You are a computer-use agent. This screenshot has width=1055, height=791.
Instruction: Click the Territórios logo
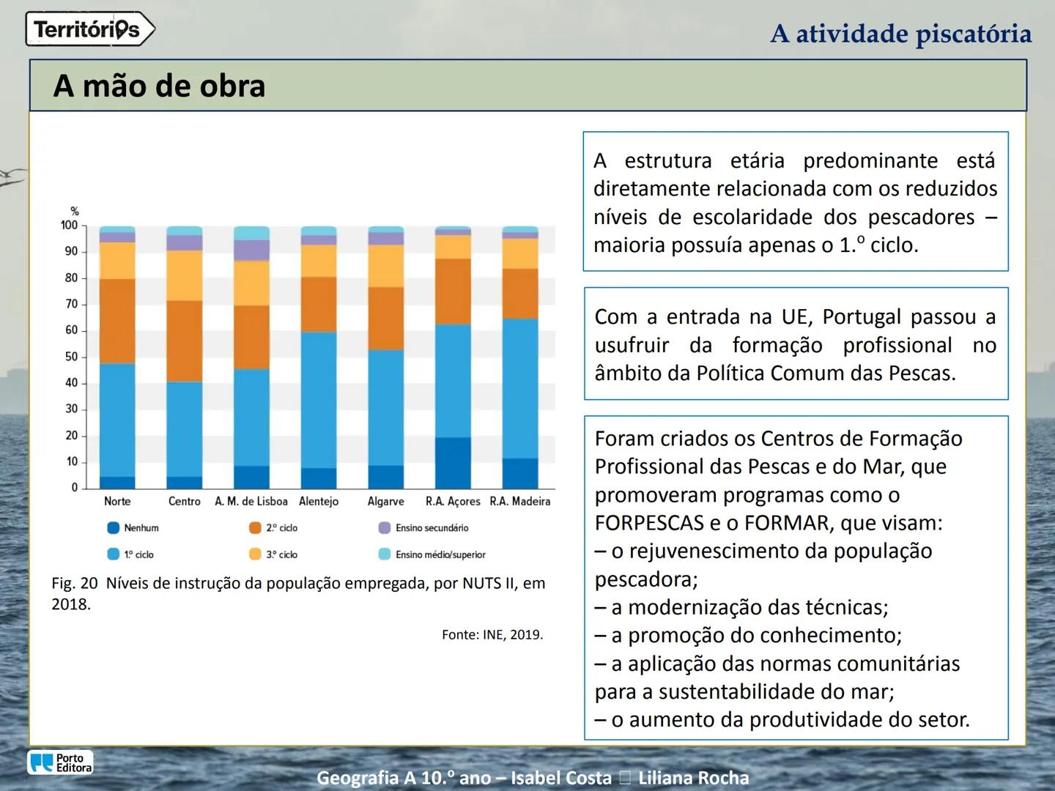89,30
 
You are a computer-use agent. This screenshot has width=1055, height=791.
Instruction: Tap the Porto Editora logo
60,762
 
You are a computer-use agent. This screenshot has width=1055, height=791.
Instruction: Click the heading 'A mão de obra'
159,86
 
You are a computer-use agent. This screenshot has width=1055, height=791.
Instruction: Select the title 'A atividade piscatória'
900,34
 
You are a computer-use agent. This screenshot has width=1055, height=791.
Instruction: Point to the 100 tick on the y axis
70,226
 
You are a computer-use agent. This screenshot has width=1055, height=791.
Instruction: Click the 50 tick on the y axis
71,357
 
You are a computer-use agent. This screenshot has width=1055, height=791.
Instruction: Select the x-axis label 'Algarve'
385,502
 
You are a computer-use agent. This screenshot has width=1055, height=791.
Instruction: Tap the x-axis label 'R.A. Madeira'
519,502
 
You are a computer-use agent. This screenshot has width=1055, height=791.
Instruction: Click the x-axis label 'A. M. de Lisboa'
251,502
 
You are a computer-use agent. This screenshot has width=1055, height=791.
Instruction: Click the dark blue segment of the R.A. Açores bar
453,463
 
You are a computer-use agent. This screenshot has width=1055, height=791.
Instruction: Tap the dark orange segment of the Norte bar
117,321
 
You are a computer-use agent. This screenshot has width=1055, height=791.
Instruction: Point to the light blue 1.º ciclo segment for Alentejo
319,400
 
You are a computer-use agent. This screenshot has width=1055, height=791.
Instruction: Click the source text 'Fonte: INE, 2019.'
492,635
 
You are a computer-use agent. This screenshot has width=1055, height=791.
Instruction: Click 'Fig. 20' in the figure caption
74,584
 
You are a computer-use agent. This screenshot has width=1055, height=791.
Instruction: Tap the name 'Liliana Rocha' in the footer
693,778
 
